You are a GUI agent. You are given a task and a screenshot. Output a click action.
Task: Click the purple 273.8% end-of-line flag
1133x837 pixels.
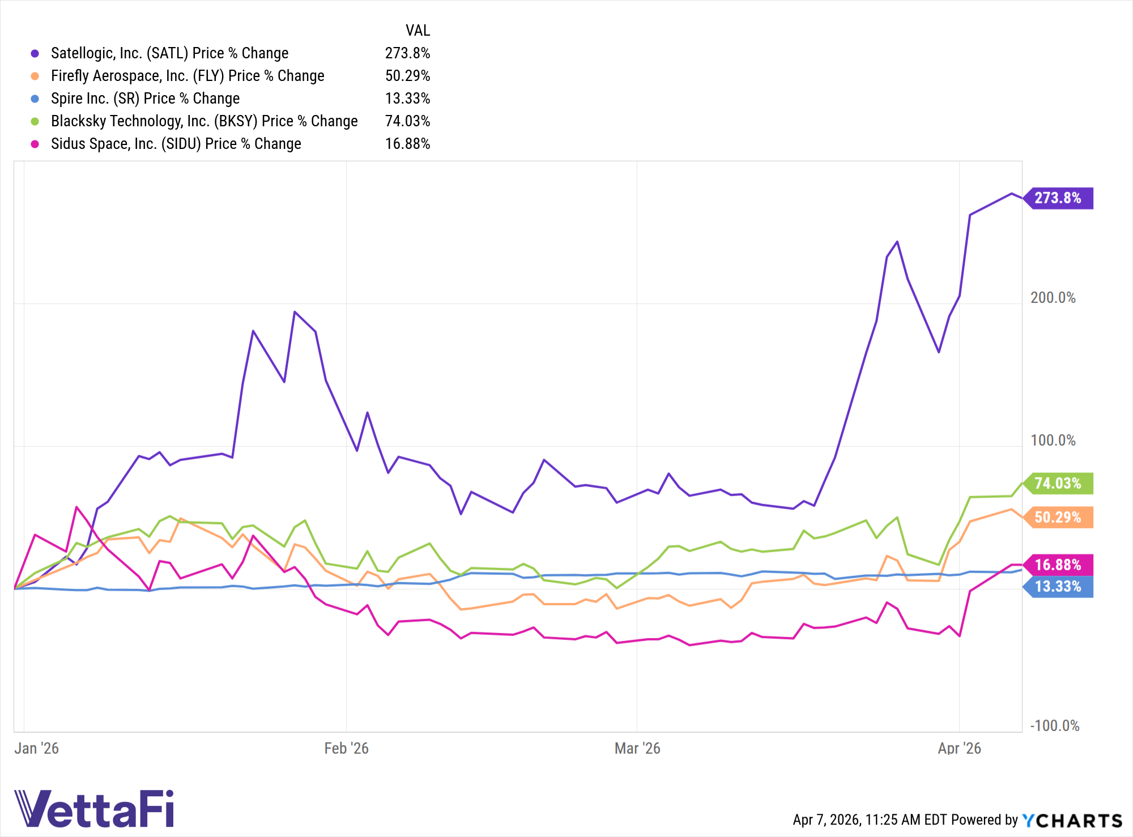click(1058, 198)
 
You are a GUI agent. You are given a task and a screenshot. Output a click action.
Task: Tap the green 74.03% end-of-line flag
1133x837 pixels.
click(1058, 484)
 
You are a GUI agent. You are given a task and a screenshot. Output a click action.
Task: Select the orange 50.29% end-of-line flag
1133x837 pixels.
click(1058, 518)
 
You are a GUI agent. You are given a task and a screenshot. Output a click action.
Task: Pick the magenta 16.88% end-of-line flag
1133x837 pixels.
click(1058, 565)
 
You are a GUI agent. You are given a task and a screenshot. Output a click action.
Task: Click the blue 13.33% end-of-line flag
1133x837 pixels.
click(1058, 587)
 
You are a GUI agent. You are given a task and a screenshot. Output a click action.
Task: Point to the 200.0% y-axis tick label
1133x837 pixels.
click(1053, 298)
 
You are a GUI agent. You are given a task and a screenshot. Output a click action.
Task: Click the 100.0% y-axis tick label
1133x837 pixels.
click(1053, 441)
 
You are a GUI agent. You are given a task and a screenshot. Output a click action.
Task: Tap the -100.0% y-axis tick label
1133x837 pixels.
click(1054, 726)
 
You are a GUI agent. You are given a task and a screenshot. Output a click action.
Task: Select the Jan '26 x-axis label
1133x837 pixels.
click(36, 749)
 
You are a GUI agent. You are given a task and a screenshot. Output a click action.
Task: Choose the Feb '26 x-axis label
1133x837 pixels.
click(346, 749)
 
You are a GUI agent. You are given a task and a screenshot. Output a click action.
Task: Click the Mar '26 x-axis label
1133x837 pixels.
click(637, 749)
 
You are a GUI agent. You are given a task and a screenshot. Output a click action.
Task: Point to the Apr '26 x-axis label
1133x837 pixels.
click(959, 749)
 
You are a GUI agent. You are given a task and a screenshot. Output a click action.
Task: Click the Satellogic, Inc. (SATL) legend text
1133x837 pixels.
click(169, 53)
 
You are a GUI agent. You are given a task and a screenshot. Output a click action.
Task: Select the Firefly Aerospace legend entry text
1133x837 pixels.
click(188, 76)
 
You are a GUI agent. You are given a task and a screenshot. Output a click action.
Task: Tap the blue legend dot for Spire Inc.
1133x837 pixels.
click(35, 99)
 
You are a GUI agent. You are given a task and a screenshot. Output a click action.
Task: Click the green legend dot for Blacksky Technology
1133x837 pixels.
click(35, 121)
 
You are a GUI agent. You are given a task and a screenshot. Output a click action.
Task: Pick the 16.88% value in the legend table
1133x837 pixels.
click(407, 144)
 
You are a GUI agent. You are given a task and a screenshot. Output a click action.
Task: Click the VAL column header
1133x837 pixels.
click(418, 31)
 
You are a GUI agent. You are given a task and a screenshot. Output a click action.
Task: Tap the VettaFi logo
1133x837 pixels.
click(94, 809)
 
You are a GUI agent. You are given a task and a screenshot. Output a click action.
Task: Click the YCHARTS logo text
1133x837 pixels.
click(1072, 821)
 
